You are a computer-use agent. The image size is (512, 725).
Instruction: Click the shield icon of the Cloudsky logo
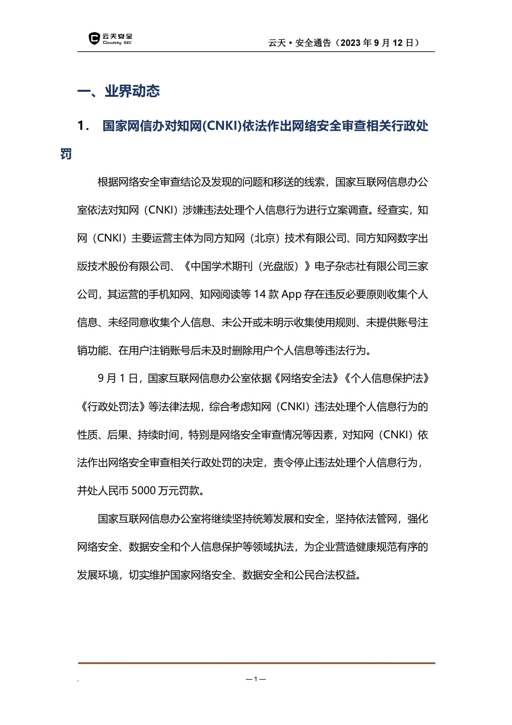point(94,38)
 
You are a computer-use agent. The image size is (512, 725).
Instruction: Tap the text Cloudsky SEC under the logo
point(117,43)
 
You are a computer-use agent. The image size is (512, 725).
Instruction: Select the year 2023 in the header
point(350,43)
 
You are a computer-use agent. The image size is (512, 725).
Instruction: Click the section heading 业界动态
point(132,91)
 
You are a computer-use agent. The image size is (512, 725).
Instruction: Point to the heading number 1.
point(83,126)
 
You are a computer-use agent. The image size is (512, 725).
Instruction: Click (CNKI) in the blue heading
point(222,126)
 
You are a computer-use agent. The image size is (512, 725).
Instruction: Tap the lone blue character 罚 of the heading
point(66,154)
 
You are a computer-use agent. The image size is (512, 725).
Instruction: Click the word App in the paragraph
point(291,295)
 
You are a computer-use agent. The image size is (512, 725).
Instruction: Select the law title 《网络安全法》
point(306,378)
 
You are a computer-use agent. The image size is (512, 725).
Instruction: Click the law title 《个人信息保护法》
point(387,378)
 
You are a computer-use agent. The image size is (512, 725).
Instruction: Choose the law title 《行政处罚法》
point(113,407)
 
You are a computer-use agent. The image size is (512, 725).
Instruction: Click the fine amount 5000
point(144,491)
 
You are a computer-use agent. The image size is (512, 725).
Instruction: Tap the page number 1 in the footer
point(256,679)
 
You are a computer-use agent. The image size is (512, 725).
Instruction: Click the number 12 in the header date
point(397,43)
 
